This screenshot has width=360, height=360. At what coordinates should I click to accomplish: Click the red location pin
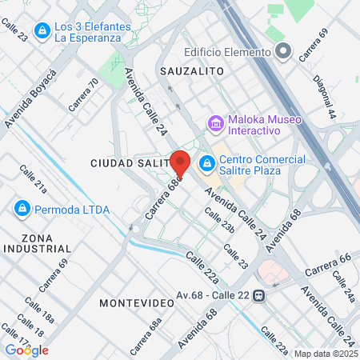coord(180,163)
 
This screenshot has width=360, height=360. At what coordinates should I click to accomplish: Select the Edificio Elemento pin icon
coord(282,52)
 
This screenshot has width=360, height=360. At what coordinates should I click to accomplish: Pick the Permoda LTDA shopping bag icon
coord(22,209)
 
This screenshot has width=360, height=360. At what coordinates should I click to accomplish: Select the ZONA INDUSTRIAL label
coord(37,244)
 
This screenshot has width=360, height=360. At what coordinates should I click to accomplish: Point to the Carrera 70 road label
coord(83,94)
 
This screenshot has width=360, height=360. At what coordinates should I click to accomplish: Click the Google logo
coord(26,350)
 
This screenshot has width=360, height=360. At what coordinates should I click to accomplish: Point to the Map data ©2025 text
coord(326,353)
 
